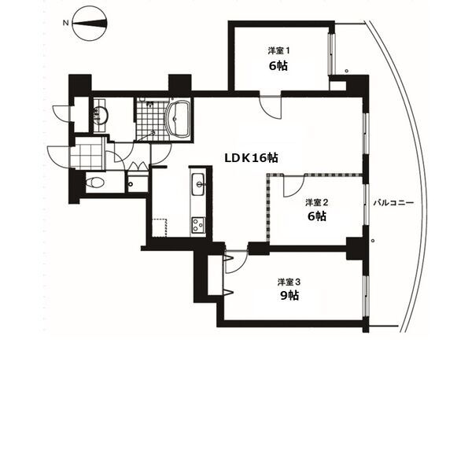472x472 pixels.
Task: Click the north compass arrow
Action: coord(91,24)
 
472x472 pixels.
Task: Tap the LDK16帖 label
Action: coord(251,157)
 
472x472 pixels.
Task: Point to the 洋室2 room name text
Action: coord(316,202)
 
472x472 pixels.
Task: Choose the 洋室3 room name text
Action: coord(288,280)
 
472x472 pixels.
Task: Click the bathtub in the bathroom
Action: coord(179,120)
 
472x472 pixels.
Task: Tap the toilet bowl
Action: coord(94,183)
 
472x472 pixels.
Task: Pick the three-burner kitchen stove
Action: coord(197,223)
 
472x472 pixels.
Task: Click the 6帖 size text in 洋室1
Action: coord(278,65)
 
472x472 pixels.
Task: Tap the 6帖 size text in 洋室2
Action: coord(316,216)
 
